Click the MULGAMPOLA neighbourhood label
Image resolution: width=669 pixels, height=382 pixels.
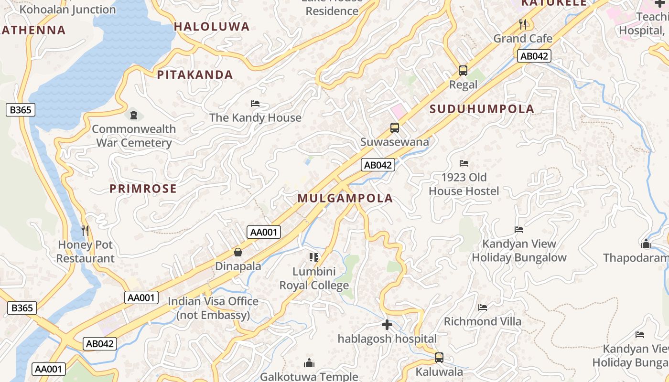(x=345, y=198)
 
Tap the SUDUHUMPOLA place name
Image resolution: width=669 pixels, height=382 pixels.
(x=482, y=109)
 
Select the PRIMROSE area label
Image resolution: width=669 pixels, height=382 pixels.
(x=143, y=189)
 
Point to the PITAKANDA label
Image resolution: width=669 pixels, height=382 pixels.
(x=195, y=75)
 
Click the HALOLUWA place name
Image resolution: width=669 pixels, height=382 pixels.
(x=212, y=27)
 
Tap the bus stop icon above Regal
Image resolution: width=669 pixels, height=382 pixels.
(x=463, y=71)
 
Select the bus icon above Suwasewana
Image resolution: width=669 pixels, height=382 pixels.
(x=394, y=128)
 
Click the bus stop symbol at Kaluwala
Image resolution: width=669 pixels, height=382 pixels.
(x=439, y=357)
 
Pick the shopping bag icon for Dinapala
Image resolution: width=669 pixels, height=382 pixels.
(x=237, y=252)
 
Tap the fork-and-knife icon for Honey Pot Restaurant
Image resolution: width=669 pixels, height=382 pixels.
(x=85, y=231)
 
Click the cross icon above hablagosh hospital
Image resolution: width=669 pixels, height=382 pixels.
(x=387, y=325)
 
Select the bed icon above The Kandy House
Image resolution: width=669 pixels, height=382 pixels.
(x=255, y=104)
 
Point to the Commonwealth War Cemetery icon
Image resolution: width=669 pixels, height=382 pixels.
(x=134, y=115)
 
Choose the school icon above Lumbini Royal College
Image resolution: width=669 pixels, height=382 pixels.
(x=313, y=258)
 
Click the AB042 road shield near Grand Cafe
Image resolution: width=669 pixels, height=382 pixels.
(x=534, y=56)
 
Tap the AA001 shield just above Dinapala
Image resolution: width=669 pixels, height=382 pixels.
(x=264, y=233)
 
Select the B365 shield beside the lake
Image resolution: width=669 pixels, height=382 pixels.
(x=21, y=110)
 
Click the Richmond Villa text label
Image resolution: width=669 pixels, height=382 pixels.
(x=483, y=321)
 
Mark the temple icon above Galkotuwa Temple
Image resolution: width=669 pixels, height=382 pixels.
(x=309, y=363)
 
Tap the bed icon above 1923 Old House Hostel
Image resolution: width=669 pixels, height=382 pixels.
(x=463, y=163)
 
